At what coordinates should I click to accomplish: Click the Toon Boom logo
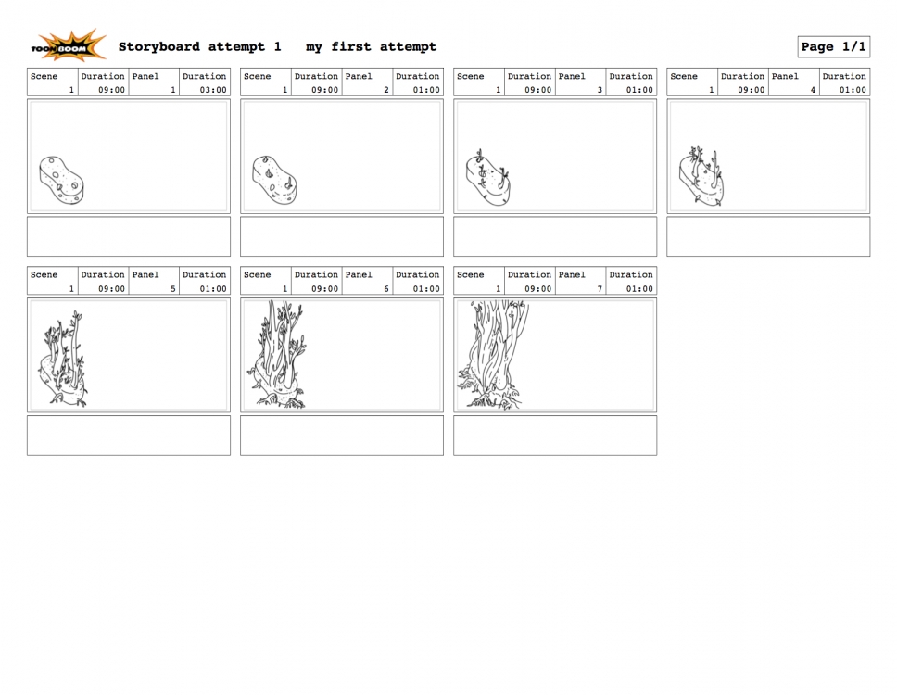[69, 45]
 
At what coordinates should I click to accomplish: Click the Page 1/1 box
[833, 47]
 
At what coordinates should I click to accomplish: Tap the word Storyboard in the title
[159, 47]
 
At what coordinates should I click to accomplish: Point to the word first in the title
[350, 47]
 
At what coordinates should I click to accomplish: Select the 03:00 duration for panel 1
[213, 90]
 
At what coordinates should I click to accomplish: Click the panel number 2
[386, 90]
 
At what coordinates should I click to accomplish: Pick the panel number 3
[600, 90]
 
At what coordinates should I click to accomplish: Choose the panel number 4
[813, 90]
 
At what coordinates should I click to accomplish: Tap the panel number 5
[172, 289]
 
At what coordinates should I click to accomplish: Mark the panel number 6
[386, 289]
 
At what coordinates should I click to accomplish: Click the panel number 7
[600, 289]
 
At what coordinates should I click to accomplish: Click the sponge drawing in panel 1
[61, 180]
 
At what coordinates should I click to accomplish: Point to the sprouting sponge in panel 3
[487, 177]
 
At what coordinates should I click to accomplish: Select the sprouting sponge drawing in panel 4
[701, 176]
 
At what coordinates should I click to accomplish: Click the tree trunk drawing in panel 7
[493, 355]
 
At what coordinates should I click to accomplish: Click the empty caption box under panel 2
[342, 236]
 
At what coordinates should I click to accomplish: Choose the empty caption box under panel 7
[555, 436]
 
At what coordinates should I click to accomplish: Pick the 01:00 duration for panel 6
[426, 289]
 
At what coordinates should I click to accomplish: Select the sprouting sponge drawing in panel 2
[274, 180]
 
